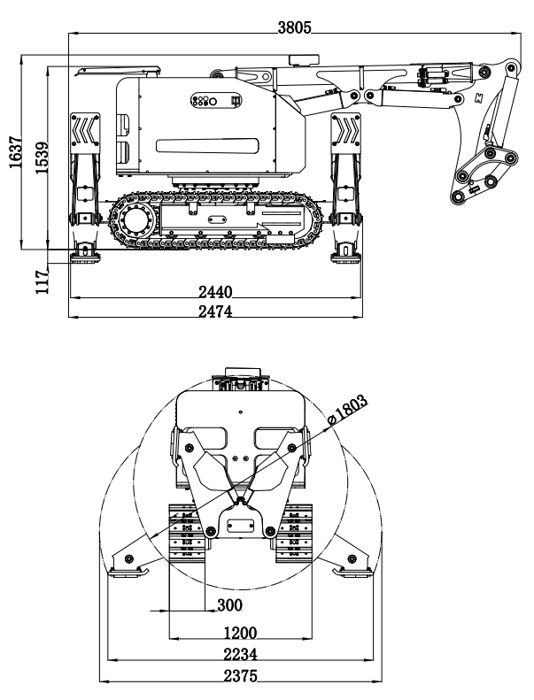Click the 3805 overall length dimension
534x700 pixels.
[x=295, y=27]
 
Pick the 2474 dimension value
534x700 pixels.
[x=215, y=311]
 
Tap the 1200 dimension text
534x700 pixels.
[x=240, y=633]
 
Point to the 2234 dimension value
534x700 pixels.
[x=240, y=655]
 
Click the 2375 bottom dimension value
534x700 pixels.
[x=240, y=677]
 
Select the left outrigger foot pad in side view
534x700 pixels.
[x=86, y=256]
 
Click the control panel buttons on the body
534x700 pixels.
[x=205, y=101]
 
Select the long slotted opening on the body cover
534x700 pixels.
[x=206, y=146]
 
